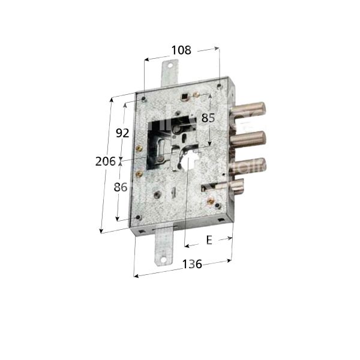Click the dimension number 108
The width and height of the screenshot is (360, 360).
pyautogui.click(x=181, y=50)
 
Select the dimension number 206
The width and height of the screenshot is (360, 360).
pyautogui.click(x=106, y=160)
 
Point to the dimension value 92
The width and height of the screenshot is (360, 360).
pyautogui.click(x=122, y=133)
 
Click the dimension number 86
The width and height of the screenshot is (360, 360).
pyautogui.click(x=121, y=187)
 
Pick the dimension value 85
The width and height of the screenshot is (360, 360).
pyautogui.click(x=208, y=118)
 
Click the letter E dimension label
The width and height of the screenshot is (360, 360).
pyautogui.click(x=209, y=241)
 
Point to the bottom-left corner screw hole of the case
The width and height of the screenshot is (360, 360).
pyautogui.click(x=139, y=217)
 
